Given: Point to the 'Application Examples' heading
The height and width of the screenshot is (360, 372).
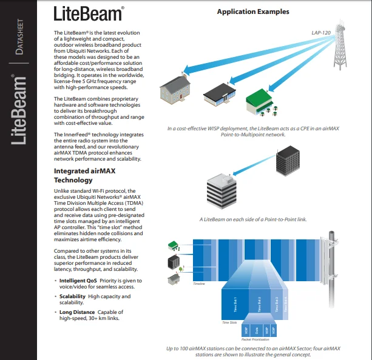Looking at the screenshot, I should tap(253, 12).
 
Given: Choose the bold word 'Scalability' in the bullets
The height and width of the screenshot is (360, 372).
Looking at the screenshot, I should tap(73, 296).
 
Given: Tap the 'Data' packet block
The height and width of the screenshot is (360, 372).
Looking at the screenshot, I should tap(255, 330).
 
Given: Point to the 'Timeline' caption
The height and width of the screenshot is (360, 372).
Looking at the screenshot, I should tap(198, 284).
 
